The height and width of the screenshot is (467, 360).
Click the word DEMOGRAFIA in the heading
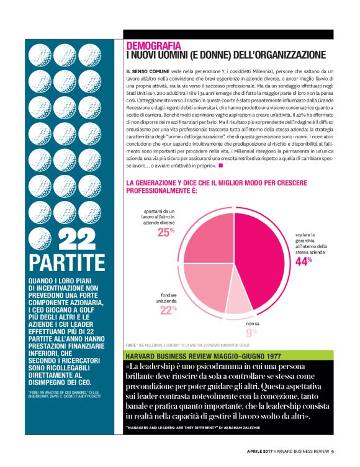(153, 46)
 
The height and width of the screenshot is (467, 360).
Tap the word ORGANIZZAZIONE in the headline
(291, 55)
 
